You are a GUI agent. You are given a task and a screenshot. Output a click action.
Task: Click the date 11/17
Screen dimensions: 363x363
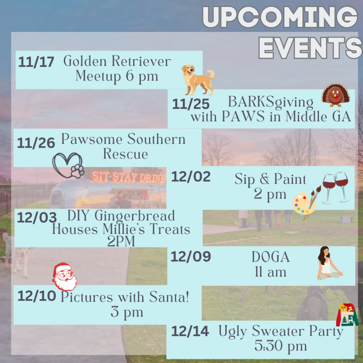pyautogui.click(x=36, y=62)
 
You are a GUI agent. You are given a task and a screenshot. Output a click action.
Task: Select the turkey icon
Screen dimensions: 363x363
pyautogui.click(x=336, y=95)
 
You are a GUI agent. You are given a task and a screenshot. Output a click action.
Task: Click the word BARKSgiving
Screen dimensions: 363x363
pyautogui.click(x=270, y=102)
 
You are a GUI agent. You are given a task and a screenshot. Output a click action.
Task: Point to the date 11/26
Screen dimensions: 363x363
pyautogui.click(x=36, y=143)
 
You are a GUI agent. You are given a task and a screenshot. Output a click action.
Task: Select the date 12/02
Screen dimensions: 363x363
pyautogui.click(x=191, y=177)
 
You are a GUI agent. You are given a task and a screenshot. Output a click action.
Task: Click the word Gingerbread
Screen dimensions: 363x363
pyautogui.click(x=135, y=216)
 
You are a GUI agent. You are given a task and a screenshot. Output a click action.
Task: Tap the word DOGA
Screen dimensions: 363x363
pyautogui.click(x=270, y=257)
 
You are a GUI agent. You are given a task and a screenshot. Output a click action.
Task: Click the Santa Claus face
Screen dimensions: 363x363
pyautogui.click(x=65, y=277)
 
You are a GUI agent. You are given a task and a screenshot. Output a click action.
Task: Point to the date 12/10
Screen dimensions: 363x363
pyautogui.click(x=37, y=296)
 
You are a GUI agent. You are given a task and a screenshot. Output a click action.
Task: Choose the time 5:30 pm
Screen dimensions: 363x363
pyautogui.click(x=281, y=346)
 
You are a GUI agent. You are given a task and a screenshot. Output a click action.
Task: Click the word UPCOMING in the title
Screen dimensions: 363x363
pyautogui.click(x=280, y=17)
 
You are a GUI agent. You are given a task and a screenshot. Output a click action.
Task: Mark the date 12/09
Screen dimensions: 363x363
pyautogui.click(x=191, y=257)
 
